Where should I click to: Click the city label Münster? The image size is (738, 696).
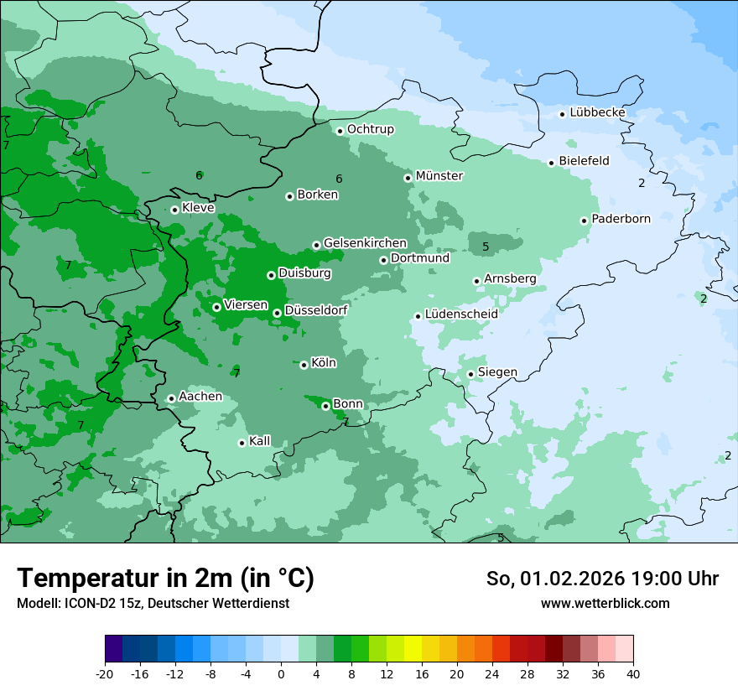pyautogui.click(x=439, y=176)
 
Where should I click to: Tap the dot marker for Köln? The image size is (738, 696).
pyautogui.click(x=304, y=365)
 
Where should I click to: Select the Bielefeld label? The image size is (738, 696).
pyautogui.click(x=584, y=161)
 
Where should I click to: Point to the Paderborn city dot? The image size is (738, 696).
pyautogui.click(x=584, y=221)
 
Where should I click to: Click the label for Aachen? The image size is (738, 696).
pyautogui.click(x=200, y=397)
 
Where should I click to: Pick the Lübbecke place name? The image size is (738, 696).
pyautogui.click(x=597, y=112)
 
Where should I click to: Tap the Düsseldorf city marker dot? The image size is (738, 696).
pyautogui.click(x=277, y=313)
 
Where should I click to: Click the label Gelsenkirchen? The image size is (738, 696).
pyautogui.click(x=365, y=243)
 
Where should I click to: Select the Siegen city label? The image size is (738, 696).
pyautogui.click(x=497, y=372)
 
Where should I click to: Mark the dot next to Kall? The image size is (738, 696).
pyautogui.click(x=242, y=443)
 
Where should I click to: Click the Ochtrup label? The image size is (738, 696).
pyautogui.click(x=370, y=129)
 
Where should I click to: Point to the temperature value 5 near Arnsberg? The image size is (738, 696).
pyautogui.click(x=486, y=247)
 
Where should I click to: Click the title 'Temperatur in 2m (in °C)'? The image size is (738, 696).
pyautogui.click(x=166, y=578)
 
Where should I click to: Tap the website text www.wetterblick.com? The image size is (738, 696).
pyautogui.click(x=605, y=603)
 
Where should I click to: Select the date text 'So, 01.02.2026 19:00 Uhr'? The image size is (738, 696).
pyautogui.click(x=602, y=579)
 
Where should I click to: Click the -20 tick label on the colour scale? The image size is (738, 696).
pyautogui.click(x=105, y=673)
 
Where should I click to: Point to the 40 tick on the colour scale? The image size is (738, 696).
pyautogui.click(x=633, y=673)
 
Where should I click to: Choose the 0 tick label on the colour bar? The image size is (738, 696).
pyautogui.click(x=281, y=673)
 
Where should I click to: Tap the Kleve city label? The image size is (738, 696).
pyautogui.click(x=198, y=208)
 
